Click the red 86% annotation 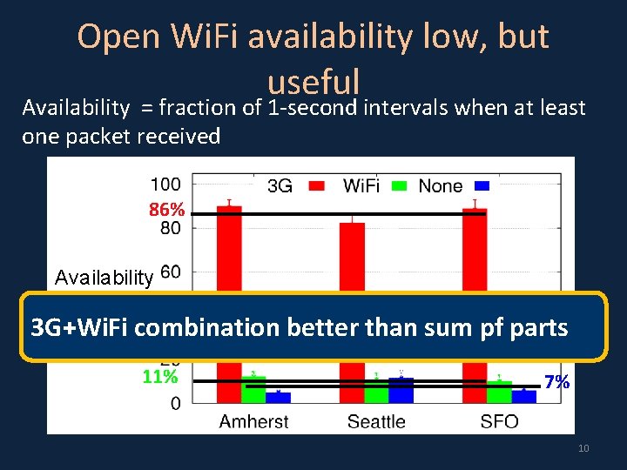166,211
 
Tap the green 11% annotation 160,378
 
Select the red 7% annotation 556,382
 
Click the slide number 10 583,448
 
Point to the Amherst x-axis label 254,421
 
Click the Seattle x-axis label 376,421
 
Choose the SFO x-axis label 499,421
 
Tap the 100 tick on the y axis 165,185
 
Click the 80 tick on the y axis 171,228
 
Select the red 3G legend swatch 317,185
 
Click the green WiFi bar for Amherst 253,390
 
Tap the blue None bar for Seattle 401,391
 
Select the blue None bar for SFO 524,396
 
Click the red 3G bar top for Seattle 352,225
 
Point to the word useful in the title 313,82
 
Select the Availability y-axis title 104,278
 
